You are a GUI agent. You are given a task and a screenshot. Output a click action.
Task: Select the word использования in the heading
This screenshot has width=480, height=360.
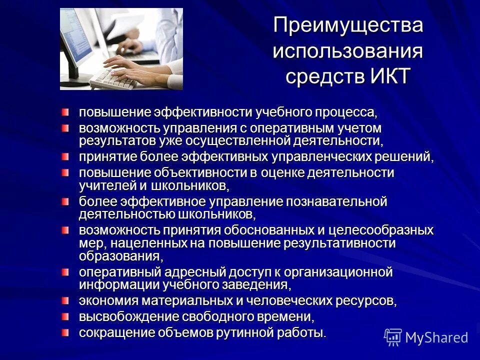[348, 51]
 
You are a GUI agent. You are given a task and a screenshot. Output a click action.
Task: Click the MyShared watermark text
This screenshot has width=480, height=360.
[437, 337]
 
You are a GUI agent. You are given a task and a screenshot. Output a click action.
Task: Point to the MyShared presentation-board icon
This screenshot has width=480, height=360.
[393, 337]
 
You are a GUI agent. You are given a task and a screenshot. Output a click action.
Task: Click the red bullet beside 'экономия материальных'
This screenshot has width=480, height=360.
[66, 300]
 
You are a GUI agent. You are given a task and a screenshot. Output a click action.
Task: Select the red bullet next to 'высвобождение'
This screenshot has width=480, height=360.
[66, 316]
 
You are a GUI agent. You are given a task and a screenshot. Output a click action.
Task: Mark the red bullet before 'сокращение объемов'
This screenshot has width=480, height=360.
[66, 332]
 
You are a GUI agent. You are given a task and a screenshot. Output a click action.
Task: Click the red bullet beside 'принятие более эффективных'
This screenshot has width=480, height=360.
[66, 157]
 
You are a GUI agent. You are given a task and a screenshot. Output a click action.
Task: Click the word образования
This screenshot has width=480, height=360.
[120, 256]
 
